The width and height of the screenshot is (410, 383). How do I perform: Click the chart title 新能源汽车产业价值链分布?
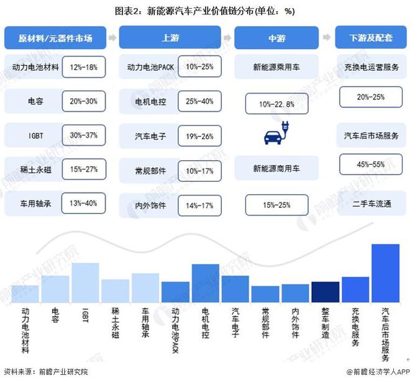pyautogui.click(x=205, y=11)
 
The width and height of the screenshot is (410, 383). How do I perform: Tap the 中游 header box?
pyautogui.click(x=276, y=38)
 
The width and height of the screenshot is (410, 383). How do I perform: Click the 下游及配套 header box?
pyautogui.click(x=371, y=38)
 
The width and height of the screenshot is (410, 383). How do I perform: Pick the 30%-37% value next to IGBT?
pyautogui.click(x=84, y=135)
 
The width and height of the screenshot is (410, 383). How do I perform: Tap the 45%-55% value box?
pyautogui.click(x=370, y=164)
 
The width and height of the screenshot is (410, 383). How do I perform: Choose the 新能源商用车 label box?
pyautogui.click(x=276, y=168)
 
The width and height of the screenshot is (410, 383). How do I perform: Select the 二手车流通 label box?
pyautogui.click(x=370, y=202)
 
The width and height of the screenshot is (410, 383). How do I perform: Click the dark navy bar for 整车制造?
pyautogui.click(x=326, y=291)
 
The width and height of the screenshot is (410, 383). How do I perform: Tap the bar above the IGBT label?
pyautogui.click(x=85, y=282)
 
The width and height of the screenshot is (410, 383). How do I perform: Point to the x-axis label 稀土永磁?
pyautogui.click(x=115, y=322)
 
